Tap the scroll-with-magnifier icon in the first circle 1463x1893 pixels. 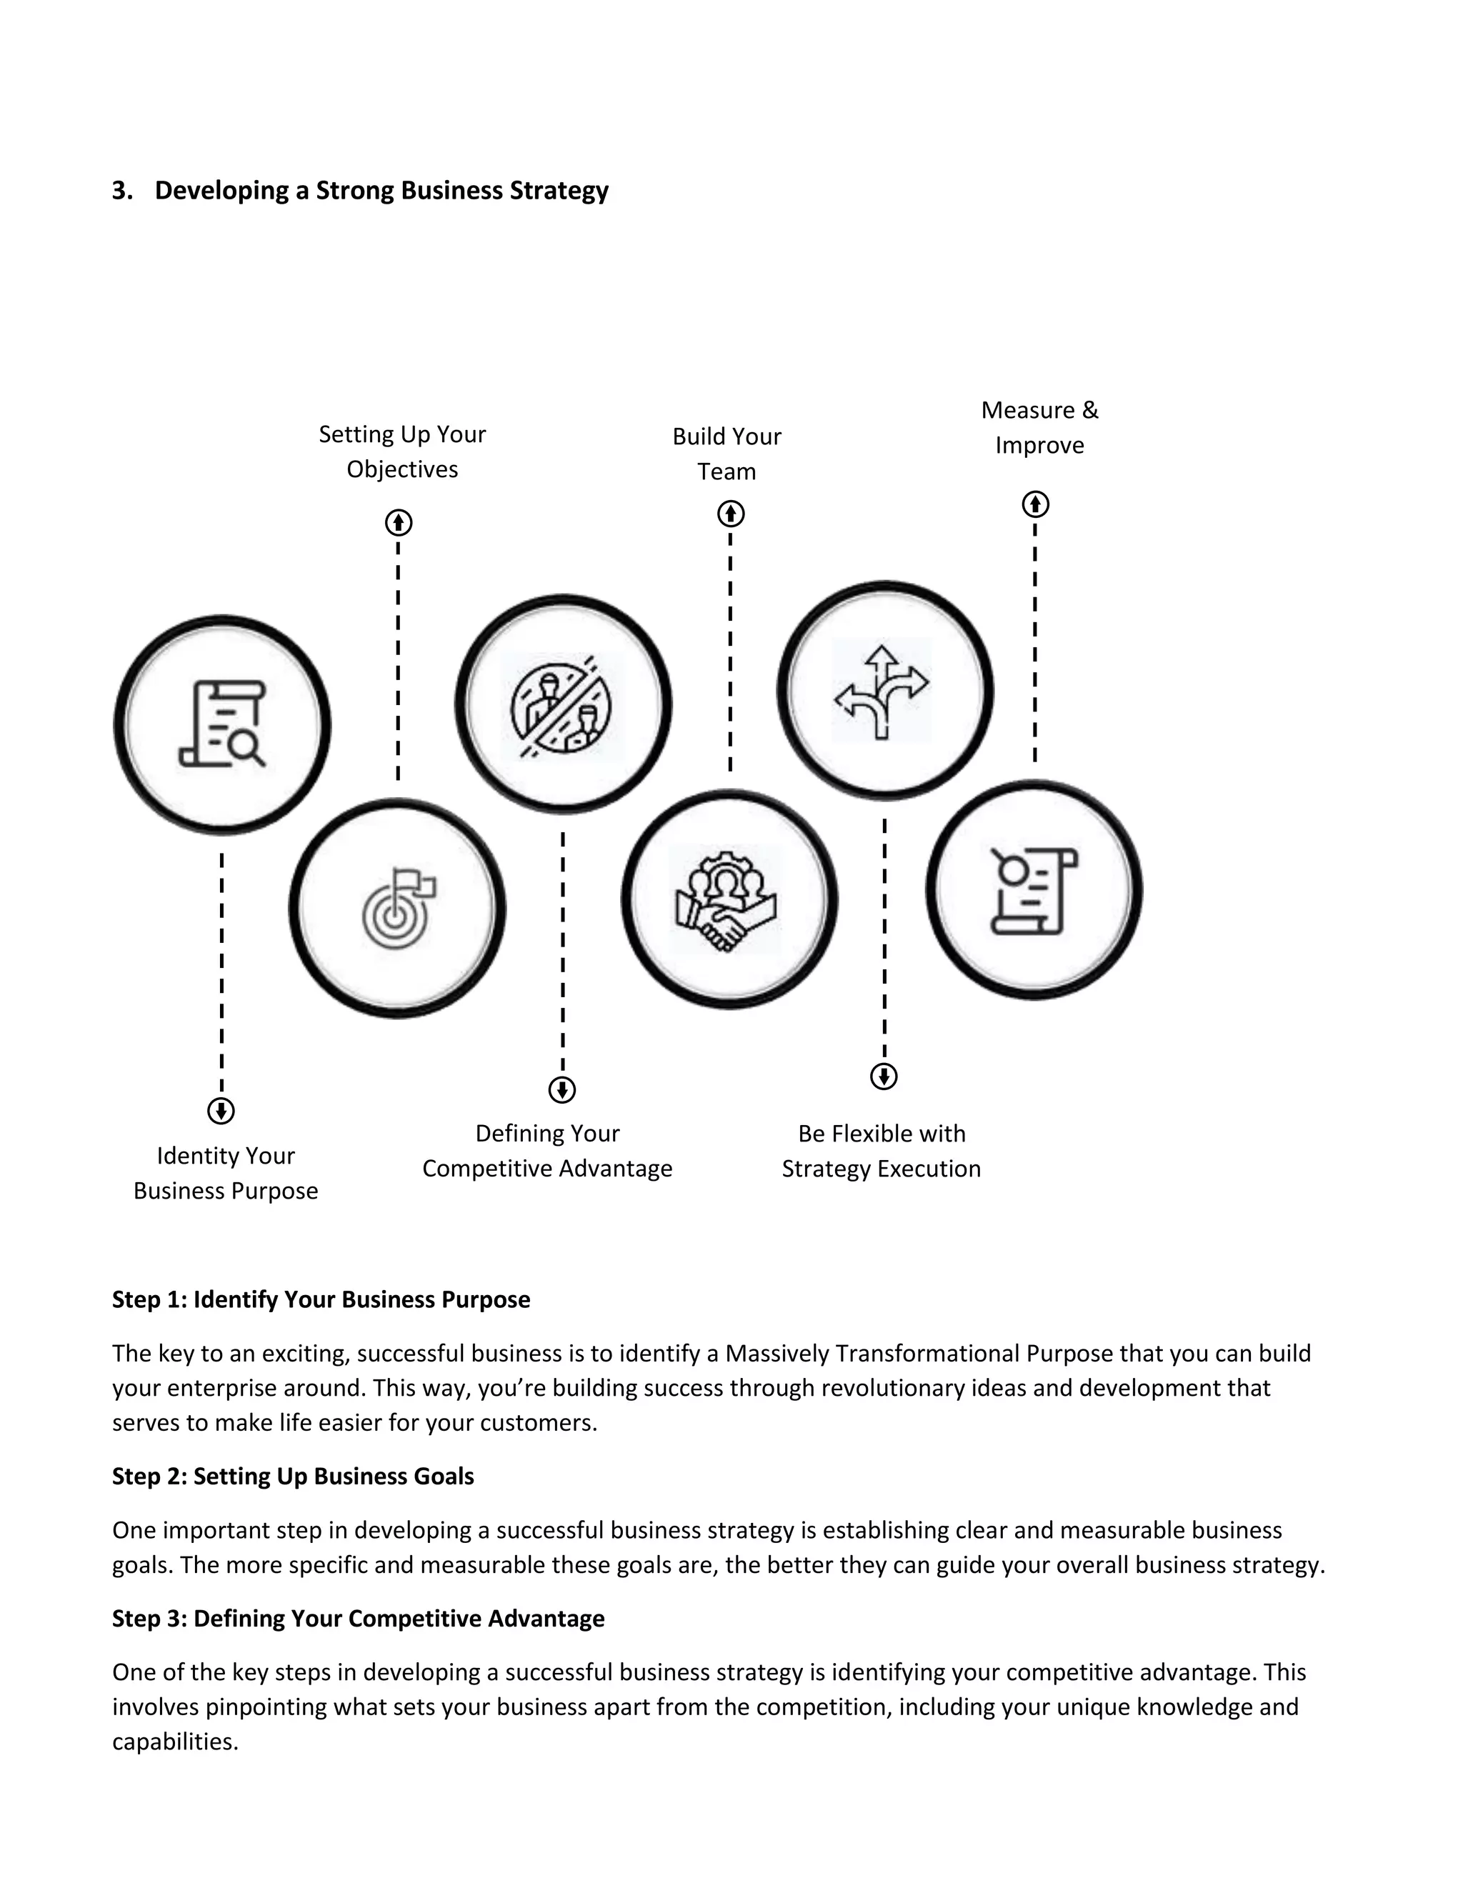click(x=223, y=724)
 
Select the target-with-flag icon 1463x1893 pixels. click(x=398, y=909)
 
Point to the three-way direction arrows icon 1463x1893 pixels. click(x=882, y=691)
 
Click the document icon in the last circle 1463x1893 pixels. click(x=1033, y=891)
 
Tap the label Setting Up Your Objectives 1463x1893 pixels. click(x=402, y=451)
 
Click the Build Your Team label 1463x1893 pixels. click(x=726, y=454)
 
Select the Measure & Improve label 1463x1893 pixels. click(x=1039, y=427)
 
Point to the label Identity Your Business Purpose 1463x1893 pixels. click(x=225, y=1173)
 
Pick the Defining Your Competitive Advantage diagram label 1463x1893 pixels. click(x=547, y=1151)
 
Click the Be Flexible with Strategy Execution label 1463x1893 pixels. click(x=882, y=1151)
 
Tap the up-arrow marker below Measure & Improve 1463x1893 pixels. click(x=1035, y=504)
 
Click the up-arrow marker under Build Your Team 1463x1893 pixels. click(x=731, y=514)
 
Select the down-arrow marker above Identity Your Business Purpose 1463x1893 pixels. click(x=221, y=1110)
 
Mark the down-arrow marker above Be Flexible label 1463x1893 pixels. click(x=883, y=1077)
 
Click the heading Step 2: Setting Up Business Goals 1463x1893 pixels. click(x=293, y=1476)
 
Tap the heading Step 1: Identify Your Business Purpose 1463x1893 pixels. click(x=321, y=1299)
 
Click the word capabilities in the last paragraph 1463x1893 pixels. click(x=174, y=1742)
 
